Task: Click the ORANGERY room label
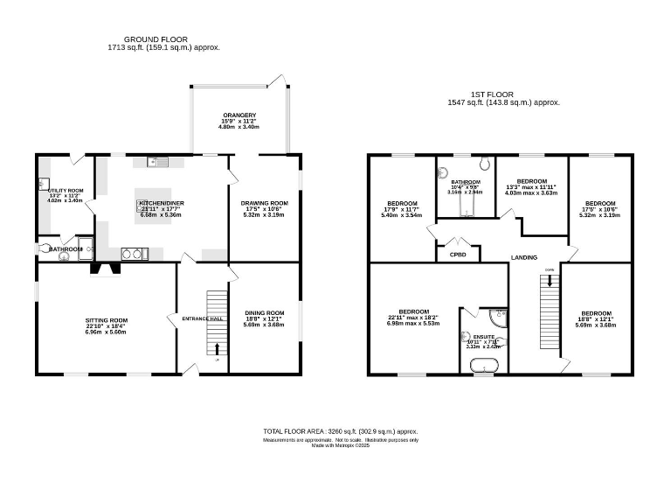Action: pos(238,115)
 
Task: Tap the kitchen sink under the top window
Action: pos(156,160)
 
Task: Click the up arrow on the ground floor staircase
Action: pos(216,349)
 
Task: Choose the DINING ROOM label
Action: pos(264,313)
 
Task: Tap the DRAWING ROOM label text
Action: pos(264,203)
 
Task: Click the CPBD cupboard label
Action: pos(458,255)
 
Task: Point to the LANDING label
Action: pos(524,257)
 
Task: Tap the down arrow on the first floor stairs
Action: pos(549,282)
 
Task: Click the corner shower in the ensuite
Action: pos(499,312)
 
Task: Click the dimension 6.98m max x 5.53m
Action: pos(413,324)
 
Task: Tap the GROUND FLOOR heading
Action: pos(157,39)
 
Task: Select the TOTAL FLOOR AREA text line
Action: pos(341,431)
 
